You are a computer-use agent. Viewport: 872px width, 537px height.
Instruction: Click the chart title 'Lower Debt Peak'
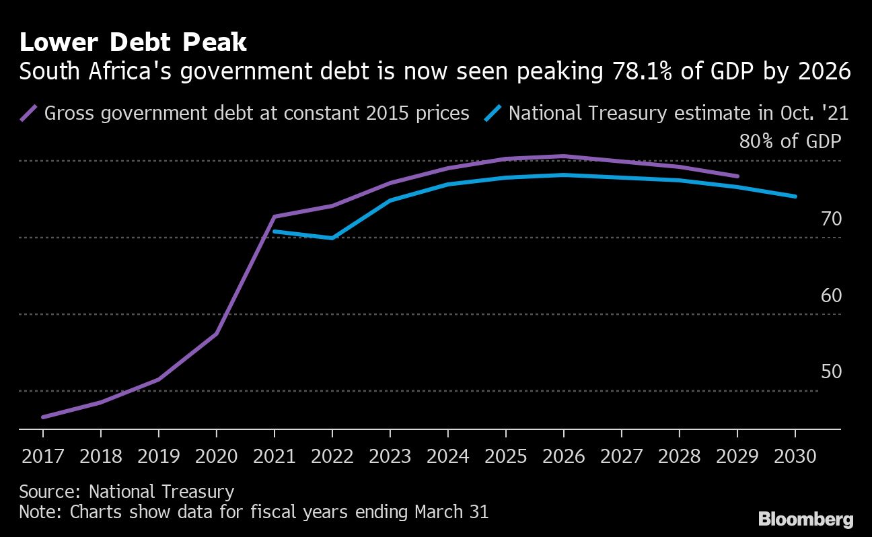tap(133, 43)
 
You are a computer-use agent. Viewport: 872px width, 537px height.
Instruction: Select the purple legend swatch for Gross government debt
tap(28, 113)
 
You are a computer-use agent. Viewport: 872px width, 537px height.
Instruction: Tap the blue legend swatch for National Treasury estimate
tap(493, 113)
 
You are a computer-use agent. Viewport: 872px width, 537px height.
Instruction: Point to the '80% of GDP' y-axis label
tap(790, 142)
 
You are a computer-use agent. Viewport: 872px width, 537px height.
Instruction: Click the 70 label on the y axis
tap(831, 219)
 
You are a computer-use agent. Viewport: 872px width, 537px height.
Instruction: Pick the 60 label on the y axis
tap(831, 295)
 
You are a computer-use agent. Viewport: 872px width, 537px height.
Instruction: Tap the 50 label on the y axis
tap(831, 371)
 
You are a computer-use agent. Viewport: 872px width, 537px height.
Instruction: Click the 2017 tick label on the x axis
tap(43, 456)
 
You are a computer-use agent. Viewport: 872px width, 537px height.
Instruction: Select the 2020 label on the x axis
tap(217, 456)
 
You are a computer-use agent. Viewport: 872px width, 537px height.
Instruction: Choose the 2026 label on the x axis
tap(564, 456)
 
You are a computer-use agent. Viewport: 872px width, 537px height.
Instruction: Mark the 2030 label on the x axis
tap(795, 456)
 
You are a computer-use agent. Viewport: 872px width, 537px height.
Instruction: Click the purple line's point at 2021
tap(275, 217)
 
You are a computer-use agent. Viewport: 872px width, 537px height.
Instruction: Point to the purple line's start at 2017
tap(43, 417)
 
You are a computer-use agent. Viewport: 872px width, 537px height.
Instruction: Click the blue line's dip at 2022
tap(332, 238)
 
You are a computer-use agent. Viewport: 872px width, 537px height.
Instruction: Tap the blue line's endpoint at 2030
tap(795, 196)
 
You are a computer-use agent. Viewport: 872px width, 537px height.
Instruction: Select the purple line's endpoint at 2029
tap(737, 176)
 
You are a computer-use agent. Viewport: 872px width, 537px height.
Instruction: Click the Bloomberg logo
tap(805, 519)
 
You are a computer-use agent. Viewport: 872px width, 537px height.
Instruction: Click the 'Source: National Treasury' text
tap(126, 491)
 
